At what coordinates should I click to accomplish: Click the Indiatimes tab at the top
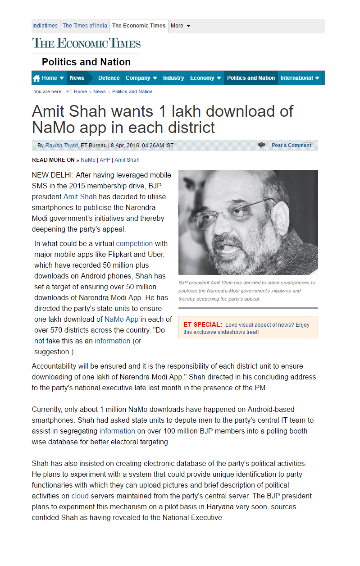coord(45,26)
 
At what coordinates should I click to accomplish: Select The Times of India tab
coord(85,26)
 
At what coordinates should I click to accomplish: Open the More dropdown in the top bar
coord(180,26)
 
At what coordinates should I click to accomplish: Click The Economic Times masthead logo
coord(87,43)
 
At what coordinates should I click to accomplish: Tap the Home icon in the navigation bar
coord(36,78)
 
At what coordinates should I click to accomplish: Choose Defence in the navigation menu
coord(109,78)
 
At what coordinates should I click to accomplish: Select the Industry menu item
coord(173,78)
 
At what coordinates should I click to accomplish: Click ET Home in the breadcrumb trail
coord(77,91)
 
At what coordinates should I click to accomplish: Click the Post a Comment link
coord(292,145)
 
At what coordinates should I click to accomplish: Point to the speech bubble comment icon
coord(261,145)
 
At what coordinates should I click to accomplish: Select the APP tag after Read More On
coord(105,160)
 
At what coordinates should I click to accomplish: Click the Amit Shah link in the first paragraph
coord(80,196)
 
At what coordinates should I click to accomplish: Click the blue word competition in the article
coord(134,243)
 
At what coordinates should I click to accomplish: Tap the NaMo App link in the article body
coord(121,319)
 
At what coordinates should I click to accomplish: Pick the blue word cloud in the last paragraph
coord(80,496)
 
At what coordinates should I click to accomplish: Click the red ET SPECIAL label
coord(202,324)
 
